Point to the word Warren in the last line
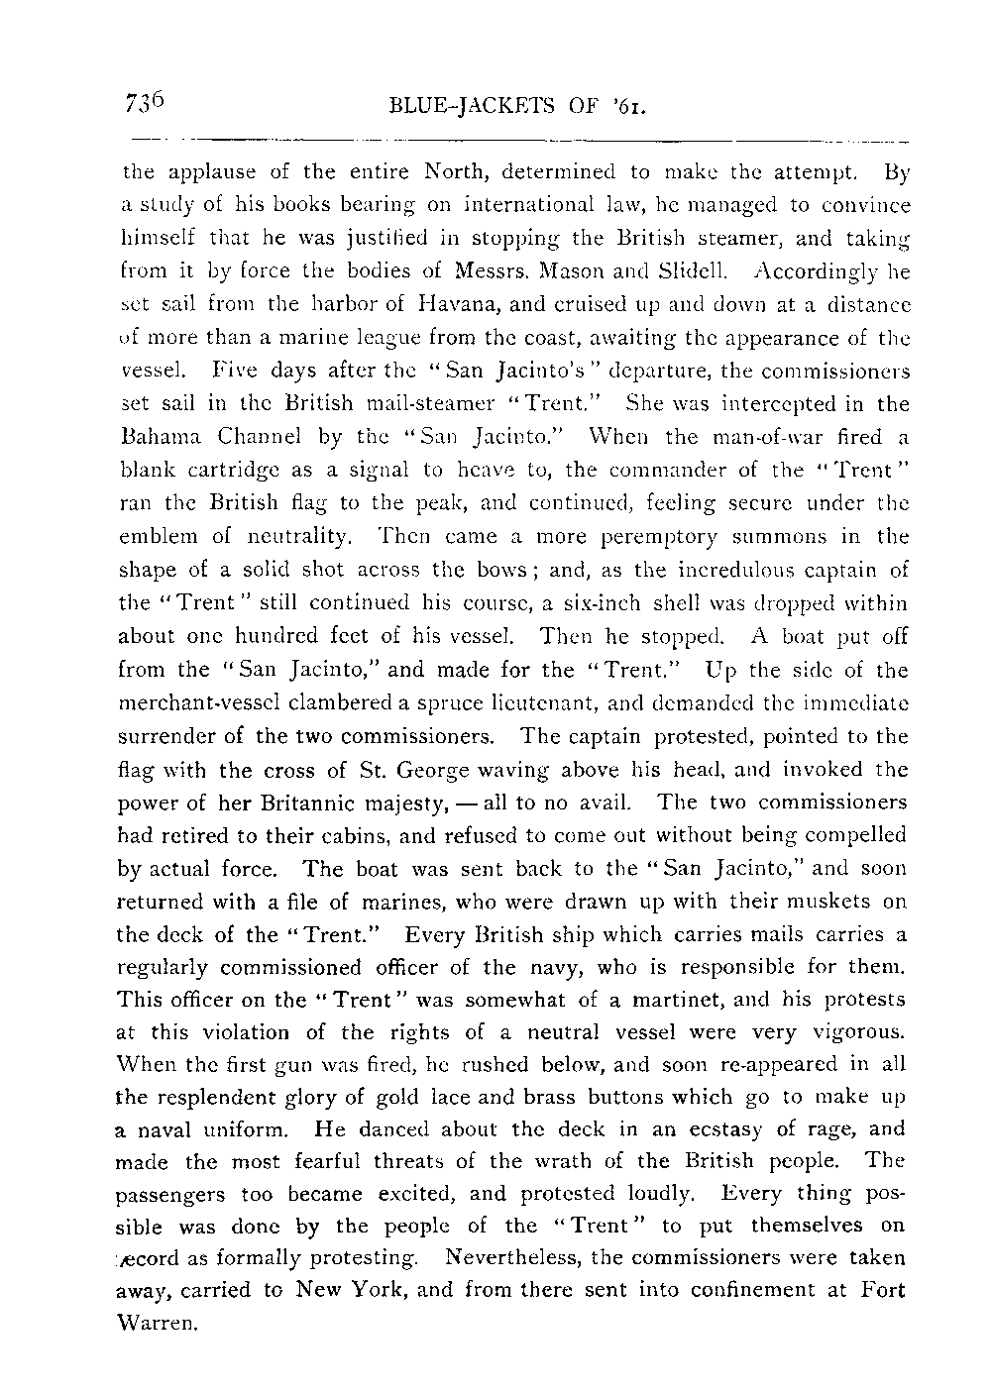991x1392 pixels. tap(159, 1323)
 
